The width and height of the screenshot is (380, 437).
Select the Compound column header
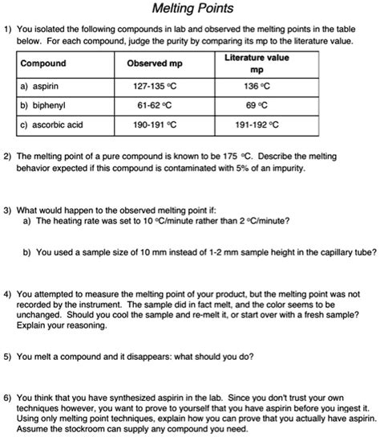(x=43, y=63)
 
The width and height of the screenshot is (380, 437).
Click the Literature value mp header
(x=257, y=63)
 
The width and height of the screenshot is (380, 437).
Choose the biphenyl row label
(x=46, y=105)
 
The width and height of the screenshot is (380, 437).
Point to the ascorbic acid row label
(x=55, y=125)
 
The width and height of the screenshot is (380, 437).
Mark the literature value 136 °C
(x=257, y=86)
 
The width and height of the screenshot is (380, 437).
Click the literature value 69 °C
(x=257, y=105)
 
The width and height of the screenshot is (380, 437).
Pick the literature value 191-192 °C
(x=257, y=125)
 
